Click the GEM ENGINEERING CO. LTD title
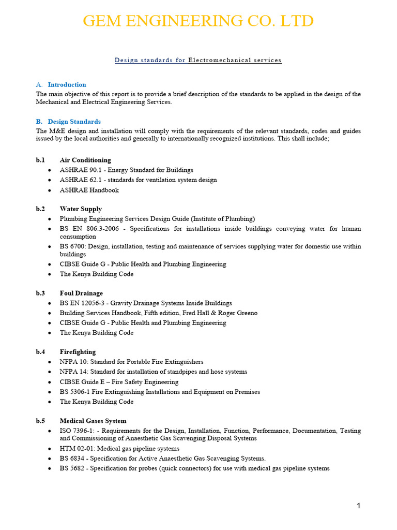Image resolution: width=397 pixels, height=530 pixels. [x=198, y=21]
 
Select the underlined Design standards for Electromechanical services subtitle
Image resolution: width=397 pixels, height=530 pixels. [x=198, y=60]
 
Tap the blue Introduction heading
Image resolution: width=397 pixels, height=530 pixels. [x=67, y=84]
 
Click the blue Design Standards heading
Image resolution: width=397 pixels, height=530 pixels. [x=74, y=122]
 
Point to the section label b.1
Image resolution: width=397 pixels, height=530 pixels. [x=40, y=160]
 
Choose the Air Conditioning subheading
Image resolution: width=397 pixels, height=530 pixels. [x=85, y=160]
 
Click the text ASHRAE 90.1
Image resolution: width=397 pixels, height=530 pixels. [x=79, y=170]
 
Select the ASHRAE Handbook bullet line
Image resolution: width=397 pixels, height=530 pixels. [x=89, y=190]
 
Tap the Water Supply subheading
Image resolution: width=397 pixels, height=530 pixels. [x=81, y=209]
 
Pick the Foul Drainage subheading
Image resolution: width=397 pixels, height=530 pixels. [x=81, y=293]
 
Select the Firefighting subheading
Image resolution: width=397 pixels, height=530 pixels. [x=78, y=352]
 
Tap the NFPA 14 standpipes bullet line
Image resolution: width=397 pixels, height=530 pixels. [x=153, y=372]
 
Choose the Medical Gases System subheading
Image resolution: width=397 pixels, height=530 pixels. [x=93, y=421]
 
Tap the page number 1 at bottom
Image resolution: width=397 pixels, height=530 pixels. [x=358, y=506]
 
